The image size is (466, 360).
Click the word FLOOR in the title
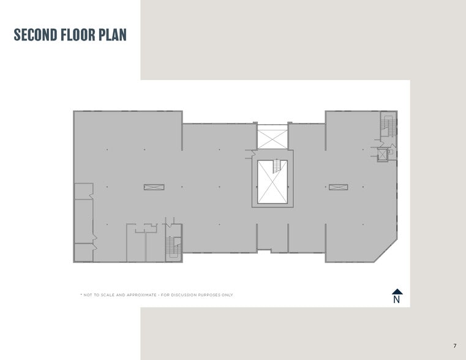pyautogui.click(x=78, y=35)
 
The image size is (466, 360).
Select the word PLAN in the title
pyautogui.click(x=114, y=35)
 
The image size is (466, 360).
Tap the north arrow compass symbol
pyautogui.click(x=397, y=292)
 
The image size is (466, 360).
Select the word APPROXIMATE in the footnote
pyautogui.click(x=138, y=295)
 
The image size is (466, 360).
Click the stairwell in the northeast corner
pyautogui.click(x=388, y=124)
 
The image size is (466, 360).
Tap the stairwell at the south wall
pyautogui.click(x=173, y=247)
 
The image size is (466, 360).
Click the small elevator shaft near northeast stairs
pyautogui.click(x=383, y=154)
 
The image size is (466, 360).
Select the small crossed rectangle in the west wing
pyautogui.click(x=154, y=187)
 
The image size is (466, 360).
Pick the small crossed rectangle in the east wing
pyautogui.click(x=338, y=187)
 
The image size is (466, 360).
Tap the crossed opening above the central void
pyautogui.click(x=272, y=137)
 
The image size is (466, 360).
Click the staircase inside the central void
pyautogui.click(x=277, y=166)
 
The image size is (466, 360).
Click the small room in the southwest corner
pyautogui.click(x=83, y=252)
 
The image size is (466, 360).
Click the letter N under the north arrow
pyautogui.click(x=397, y=300)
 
